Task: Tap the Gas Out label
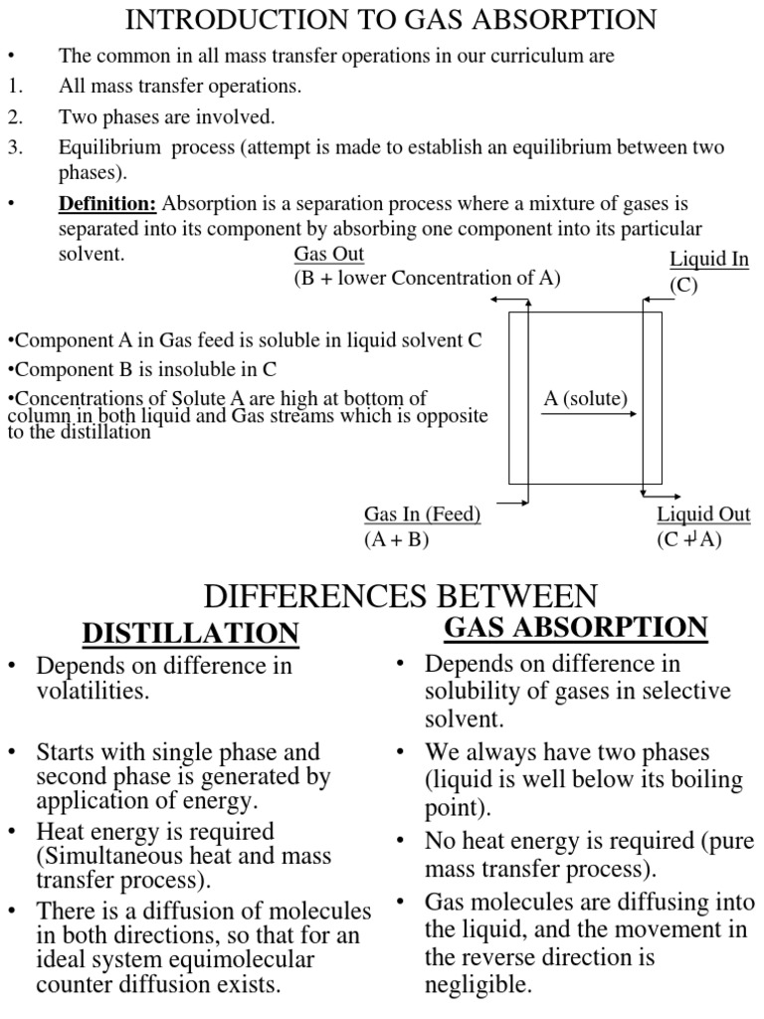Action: click(x=329, y=255)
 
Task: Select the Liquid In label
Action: click(x=708, y=261)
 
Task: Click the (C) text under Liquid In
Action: click(x=683, y=286)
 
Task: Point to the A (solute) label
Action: click(x=586, y=398)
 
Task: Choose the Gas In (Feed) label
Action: click(x=422, y=514)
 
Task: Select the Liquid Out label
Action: click(x=703, y=514)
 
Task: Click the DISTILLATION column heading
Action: click(x=190, y=632)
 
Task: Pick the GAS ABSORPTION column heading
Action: click(x=575, y=628)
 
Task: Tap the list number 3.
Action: click(x=14, y=147)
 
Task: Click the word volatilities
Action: click(x=93, y=691)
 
